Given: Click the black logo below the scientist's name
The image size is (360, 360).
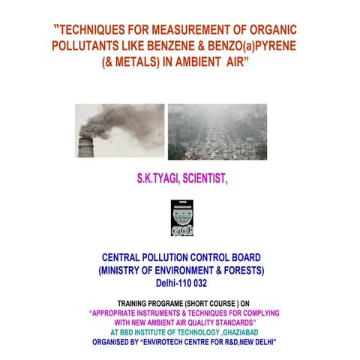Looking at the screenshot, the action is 181,217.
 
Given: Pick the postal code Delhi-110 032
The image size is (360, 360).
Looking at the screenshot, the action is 180,283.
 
